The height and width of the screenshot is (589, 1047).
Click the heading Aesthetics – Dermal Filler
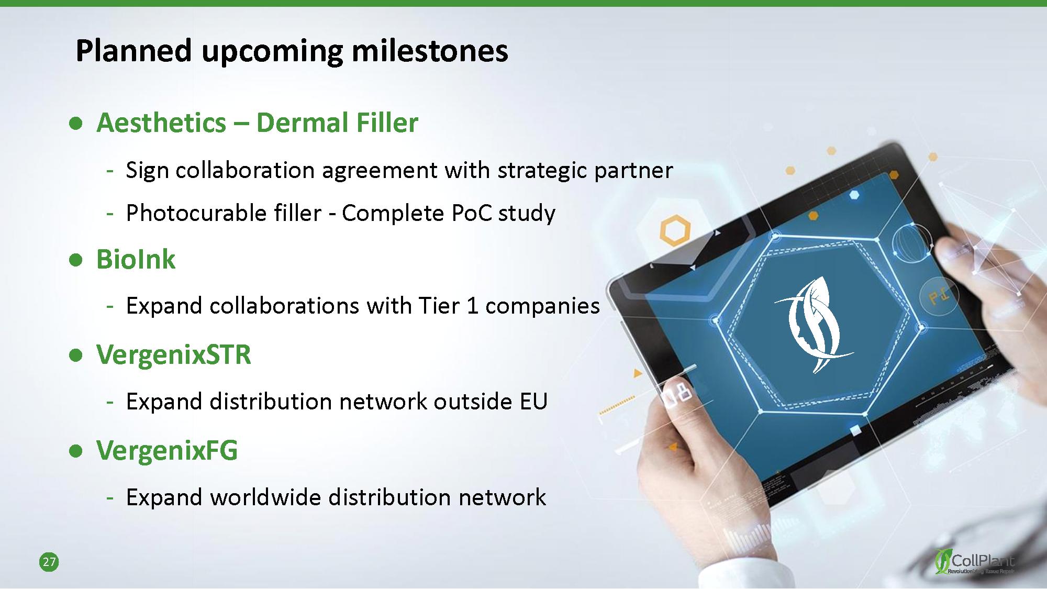(x=258, y=123)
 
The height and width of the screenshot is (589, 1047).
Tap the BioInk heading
(x=136, y=259)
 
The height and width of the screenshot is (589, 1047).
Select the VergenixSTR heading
(x=174, y=354)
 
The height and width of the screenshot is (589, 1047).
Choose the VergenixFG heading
(x=167, y=450)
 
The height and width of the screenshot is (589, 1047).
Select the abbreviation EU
(x=533, y=402)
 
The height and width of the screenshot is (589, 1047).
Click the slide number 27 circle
(x=49, y=562)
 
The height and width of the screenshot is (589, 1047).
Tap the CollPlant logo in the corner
(x=975, y=562)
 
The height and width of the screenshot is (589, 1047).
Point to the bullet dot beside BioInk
(x=76, y=260)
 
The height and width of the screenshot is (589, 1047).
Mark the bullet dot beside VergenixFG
(x=76, y=451)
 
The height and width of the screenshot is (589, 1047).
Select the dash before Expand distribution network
(x=110, y=402)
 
